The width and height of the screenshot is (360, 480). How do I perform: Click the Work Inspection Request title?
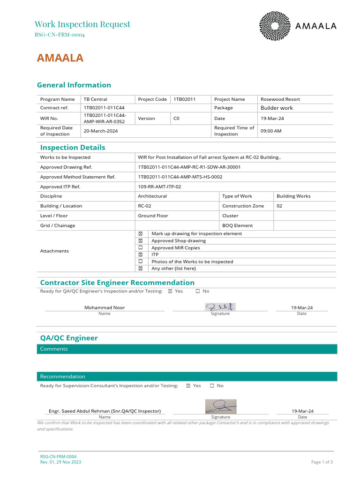point(82,24)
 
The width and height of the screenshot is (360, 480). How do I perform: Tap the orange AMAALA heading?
point(60,58)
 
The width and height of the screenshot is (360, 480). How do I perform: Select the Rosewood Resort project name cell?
point(280,99)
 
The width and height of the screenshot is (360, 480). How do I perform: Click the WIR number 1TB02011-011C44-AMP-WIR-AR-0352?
point(105,119)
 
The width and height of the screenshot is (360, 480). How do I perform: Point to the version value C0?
point(176,119)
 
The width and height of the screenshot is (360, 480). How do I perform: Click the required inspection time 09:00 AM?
point(271,131)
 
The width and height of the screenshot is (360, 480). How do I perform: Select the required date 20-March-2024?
point(101,131)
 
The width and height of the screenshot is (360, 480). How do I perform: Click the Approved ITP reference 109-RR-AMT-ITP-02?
point(159,187)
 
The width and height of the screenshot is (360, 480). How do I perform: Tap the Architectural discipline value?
point(152,196)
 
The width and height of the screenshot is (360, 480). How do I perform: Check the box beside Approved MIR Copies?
point(140,247)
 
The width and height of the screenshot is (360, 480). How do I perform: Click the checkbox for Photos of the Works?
point(140,261)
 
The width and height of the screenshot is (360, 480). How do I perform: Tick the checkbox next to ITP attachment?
point(140,255)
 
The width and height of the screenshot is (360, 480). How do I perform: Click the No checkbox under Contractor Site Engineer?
point(197,291)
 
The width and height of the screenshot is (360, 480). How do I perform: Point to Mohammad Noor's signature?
point(220,307)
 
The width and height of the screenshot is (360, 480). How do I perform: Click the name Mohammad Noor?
point(105,307)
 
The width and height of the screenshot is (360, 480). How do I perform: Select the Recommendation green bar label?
point(63,376)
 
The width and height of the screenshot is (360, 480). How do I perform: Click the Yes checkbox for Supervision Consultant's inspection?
point(188,386)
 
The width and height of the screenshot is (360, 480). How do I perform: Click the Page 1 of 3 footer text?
point(322,462)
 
